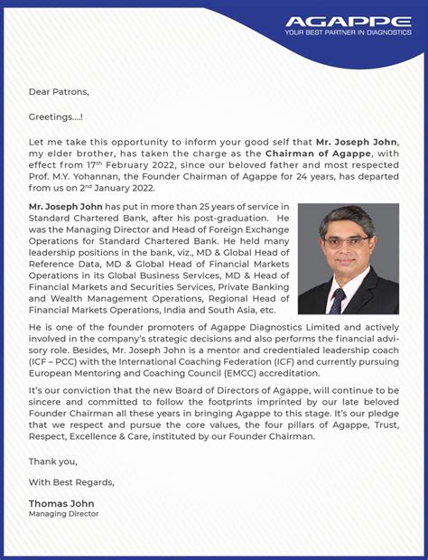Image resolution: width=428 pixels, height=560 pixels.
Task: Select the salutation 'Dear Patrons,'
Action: (x=59, y=91)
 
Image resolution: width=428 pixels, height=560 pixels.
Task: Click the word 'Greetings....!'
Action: (x=56, y=117)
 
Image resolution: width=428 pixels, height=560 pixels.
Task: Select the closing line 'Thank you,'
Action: (x=52, y=460)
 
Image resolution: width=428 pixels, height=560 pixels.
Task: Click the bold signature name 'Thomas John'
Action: (x=61, y=503)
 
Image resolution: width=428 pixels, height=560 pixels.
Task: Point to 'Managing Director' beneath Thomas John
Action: (x=63, y=514)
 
